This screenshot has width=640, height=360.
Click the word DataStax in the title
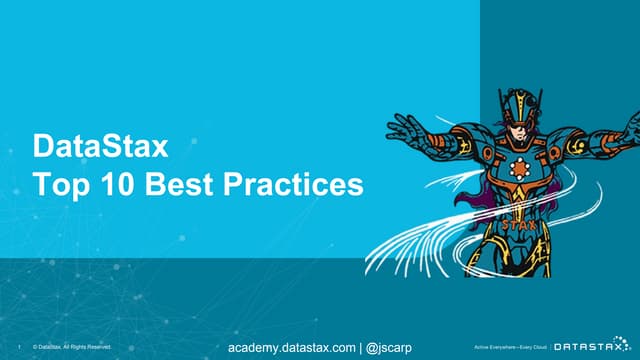coord(100,148)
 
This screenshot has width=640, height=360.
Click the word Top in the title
coord(57,185)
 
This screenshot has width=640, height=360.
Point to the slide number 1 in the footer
coord(20,347)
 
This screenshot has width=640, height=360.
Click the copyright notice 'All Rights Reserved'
coord(91,347)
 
